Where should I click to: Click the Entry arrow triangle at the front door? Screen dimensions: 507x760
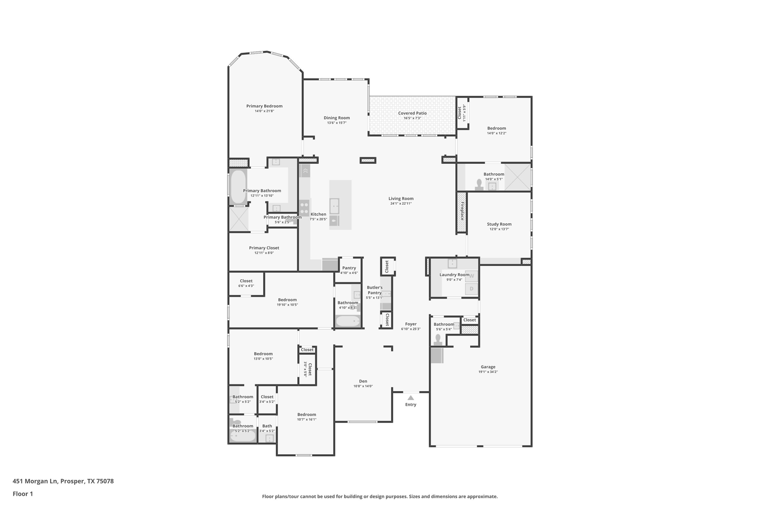(410, 398)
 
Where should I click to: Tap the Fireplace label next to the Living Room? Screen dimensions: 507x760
(462, 211)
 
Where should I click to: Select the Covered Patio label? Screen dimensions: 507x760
(412, 113)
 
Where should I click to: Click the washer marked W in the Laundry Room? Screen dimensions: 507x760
(472, 276)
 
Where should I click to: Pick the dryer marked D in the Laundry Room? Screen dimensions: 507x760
(472, 289)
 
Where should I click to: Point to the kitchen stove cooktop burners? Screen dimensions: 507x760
(304, 208)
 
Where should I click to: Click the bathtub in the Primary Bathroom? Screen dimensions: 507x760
(238, 187)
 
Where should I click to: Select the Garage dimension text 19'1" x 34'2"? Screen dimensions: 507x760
(488, 372)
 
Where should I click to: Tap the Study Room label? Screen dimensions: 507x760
(499, 224)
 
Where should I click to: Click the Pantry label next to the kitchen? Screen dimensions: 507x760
(349, 268)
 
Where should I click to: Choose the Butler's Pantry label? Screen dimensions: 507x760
(374, 290)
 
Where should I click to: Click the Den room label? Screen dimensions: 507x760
(363, 381)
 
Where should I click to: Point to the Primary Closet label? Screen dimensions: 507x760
(264, 248)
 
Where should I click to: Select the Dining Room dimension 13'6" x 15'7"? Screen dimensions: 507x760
(337, 123)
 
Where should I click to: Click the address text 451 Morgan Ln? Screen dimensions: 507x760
(35, 481)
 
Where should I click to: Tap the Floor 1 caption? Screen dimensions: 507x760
(23, 494)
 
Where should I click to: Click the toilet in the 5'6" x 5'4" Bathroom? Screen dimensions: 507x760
(438, 340)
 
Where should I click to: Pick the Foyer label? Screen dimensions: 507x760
(410, 324)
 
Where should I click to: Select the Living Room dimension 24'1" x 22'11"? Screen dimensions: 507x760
(401, 204)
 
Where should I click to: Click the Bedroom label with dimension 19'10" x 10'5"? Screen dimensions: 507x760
(287, 300)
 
